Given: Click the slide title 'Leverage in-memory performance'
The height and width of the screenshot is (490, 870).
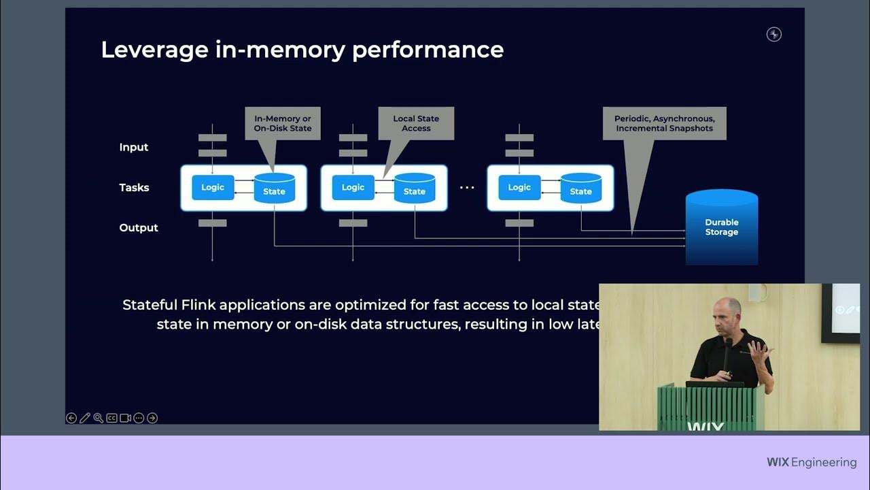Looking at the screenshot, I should point(302,50).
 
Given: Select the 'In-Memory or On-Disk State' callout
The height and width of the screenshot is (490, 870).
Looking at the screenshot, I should point(282,123).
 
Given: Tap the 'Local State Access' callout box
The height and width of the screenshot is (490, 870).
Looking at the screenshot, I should point(416,123).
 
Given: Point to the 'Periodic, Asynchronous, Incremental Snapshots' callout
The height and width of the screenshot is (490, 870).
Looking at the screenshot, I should point(664,123).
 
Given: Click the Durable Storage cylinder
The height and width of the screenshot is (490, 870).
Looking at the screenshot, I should point(721,227).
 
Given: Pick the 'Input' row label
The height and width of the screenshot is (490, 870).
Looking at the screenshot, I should point(134,147).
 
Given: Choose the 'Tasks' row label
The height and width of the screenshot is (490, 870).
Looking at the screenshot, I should point(134,187).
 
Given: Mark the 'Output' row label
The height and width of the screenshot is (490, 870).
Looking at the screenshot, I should point(139,227).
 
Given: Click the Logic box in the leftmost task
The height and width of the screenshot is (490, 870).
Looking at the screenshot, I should point(213,187).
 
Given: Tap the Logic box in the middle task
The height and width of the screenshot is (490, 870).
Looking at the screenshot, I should point(353,187).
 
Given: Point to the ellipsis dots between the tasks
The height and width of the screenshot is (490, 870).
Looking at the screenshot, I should point(467,188).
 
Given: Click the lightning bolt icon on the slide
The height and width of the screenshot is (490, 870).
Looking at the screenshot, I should point(773,35).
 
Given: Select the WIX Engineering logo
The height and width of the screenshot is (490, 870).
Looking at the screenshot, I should point(811,462).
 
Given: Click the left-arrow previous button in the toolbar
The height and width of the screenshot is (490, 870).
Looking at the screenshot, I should point(71,418).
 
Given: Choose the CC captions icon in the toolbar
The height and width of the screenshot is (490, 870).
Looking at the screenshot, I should point(111,418).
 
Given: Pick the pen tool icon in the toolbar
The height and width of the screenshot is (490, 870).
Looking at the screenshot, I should point(85,418).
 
